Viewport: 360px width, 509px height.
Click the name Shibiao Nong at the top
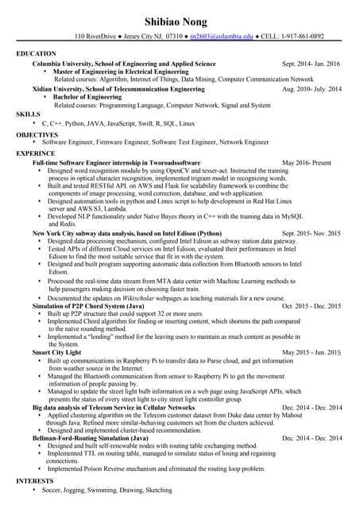[180, 18]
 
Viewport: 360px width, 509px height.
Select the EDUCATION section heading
[36, 53]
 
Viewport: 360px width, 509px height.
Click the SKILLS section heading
[29, 115]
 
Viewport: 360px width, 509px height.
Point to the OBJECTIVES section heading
[37, 134]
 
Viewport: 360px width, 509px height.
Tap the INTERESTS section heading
[37, 481]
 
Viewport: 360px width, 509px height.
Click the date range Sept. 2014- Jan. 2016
[311, 63]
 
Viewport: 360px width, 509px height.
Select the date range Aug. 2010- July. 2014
[312, 90]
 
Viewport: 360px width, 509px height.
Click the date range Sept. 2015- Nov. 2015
[311, 233]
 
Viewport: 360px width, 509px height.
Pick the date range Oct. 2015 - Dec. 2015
[311, 305]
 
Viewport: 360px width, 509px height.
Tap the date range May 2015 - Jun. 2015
[311, 352]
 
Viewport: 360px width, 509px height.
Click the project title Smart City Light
[56, 352]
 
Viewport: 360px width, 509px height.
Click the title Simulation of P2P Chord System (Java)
[88, 305]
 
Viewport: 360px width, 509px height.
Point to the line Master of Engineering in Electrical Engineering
[121, 72]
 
